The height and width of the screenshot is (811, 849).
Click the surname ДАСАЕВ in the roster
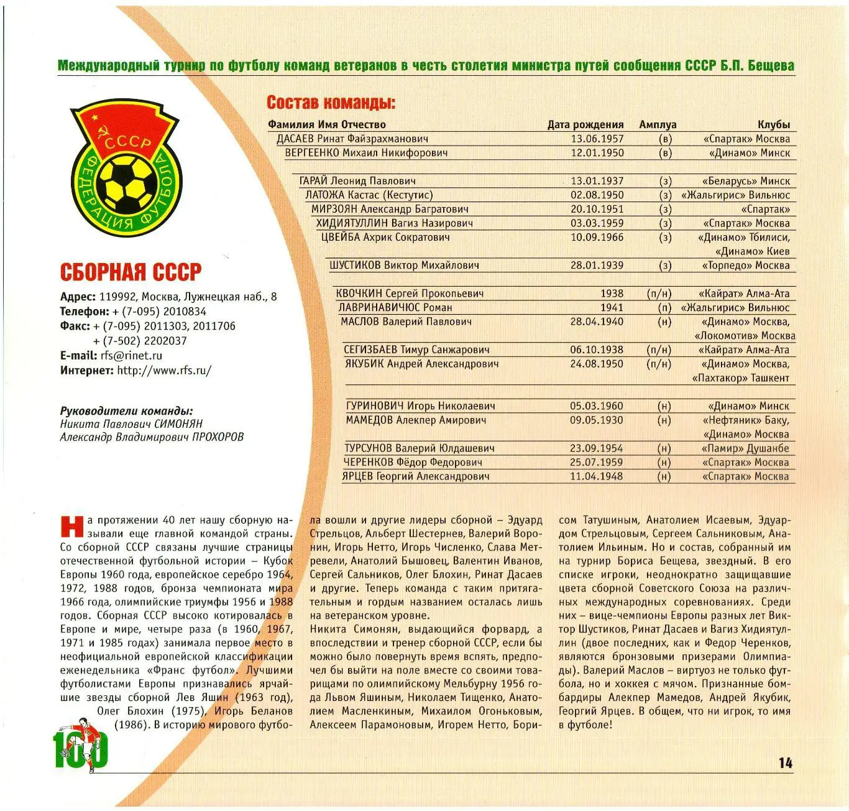[296, 139]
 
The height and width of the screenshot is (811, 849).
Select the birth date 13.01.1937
[597, 181]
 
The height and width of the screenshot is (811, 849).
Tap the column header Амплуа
[657, 124]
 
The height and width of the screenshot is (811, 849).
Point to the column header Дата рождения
[585, 124]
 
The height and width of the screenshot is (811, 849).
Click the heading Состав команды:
[331, 103]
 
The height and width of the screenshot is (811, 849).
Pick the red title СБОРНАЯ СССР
[131, 272]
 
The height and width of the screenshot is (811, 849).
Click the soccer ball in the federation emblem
[129, 182]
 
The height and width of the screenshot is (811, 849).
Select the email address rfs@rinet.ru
[131, 356]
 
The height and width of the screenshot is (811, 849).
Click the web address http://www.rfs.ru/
[164, 371]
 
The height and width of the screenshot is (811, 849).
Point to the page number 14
[785, 763]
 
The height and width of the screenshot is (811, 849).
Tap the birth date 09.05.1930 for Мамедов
[596, 420]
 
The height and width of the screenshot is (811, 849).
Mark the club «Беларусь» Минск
[746, 181]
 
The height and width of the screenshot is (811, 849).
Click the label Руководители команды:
[126, 411]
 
